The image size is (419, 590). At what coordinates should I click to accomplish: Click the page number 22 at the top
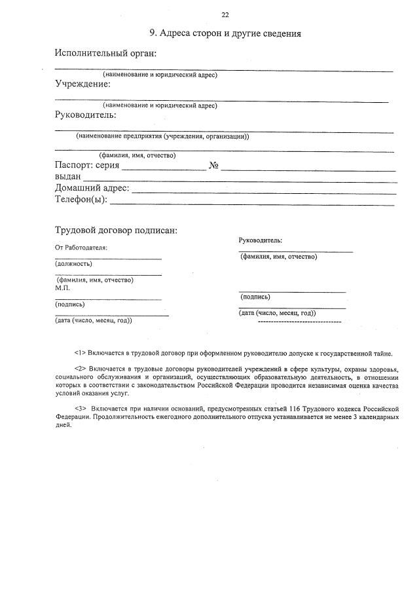point(225,14)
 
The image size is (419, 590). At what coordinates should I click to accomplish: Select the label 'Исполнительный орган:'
point(105,53)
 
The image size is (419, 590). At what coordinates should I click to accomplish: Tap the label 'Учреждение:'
point(82,84)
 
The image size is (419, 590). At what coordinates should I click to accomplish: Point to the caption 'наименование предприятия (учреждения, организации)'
point(162,136)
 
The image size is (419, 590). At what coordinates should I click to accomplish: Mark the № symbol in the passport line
point(213,165)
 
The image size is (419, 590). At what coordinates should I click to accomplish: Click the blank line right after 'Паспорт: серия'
point(164,169)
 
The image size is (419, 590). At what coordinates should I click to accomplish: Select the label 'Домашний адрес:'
point(92,189)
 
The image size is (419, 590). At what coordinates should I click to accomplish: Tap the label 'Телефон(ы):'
point(81,200)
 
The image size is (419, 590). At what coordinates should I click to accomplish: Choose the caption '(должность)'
point(74,264)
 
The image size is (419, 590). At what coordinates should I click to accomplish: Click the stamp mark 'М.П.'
point(63,287)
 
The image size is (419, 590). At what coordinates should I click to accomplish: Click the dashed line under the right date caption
point(300,322)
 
